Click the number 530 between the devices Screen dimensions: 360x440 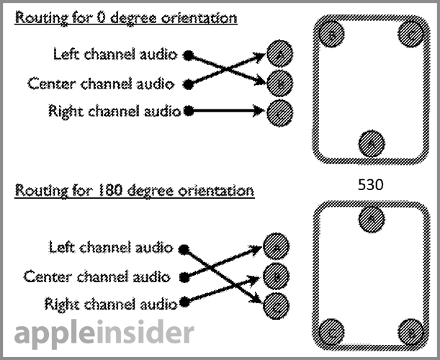coord(370,185)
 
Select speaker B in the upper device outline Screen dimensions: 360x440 coord(333,35)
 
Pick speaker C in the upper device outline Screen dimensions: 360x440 coord(409,35)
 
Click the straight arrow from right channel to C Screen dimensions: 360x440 coord(227,111)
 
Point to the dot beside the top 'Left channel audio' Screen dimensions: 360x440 coord(189,55)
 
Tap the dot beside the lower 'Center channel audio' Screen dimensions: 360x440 coord(184,277)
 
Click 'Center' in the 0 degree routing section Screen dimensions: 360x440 coord(52,84)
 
